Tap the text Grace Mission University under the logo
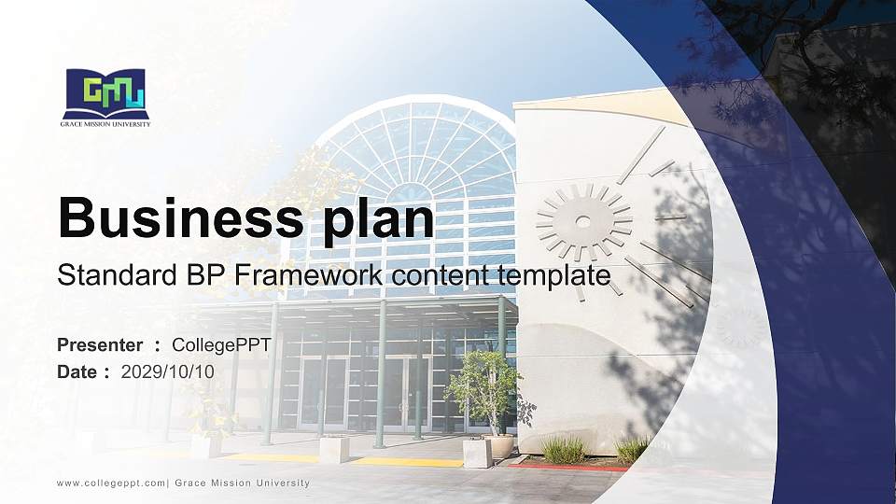(105, 123)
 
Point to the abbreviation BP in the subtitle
(208, 275)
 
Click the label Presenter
(100, 345)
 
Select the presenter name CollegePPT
(221, 345)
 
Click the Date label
(78, 371)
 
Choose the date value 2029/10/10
(168, 371)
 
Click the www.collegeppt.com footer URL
(111, 483)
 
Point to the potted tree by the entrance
(484, 392)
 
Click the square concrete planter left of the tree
(334, 449)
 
